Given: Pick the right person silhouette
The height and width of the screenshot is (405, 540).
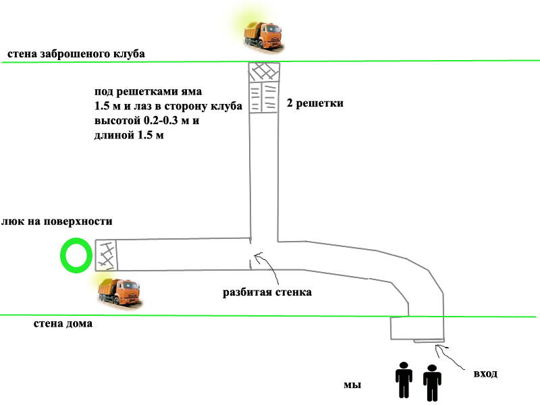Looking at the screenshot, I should tap(432, 382).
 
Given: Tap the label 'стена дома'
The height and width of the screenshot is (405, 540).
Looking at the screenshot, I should tap(63, 323).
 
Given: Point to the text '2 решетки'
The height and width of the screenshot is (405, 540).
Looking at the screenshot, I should tap(315, 104).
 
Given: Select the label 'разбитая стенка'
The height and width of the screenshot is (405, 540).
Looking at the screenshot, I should tap(267, 293).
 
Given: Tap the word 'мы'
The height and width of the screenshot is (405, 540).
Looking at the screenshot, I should tap(352, 385).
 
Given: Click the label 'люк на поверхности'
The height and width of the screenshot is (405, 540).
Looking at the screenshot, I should tap(56, 221).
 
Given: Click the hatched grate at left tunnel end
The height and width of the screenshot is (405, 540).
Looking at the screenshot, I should tap(106, 254).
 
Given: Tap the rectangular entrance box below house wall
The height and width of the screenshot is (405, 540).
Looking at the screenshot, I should tap(417, 329).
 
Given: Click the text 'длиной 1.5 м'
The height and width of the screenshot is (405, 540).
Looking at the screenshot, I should tap(130, 136).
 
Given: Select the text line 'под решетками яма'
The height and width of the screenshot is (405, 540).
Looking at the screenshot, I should tap(148, 90).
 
